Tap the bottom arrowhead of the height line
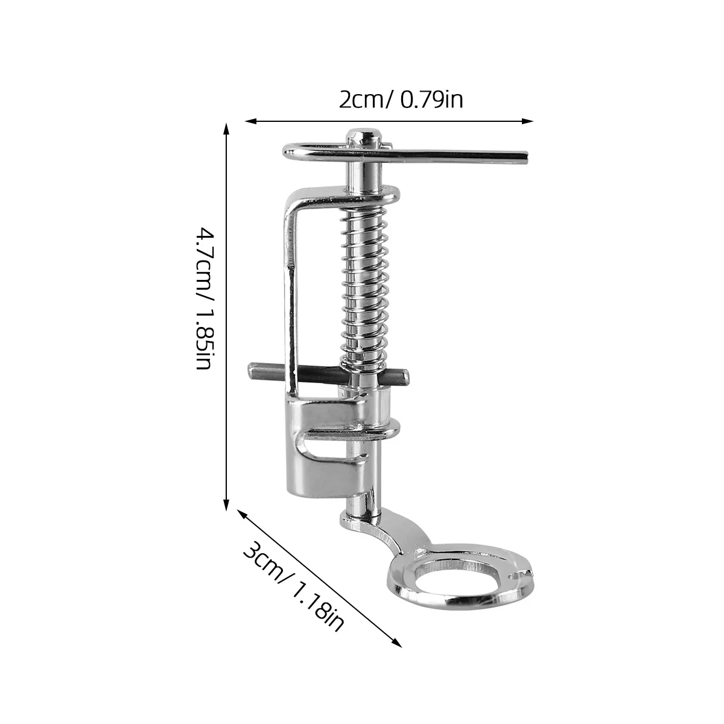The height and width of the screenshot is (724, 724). [227, 505]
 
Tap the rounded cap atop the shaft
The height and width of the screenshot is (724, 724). [361, 135]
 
